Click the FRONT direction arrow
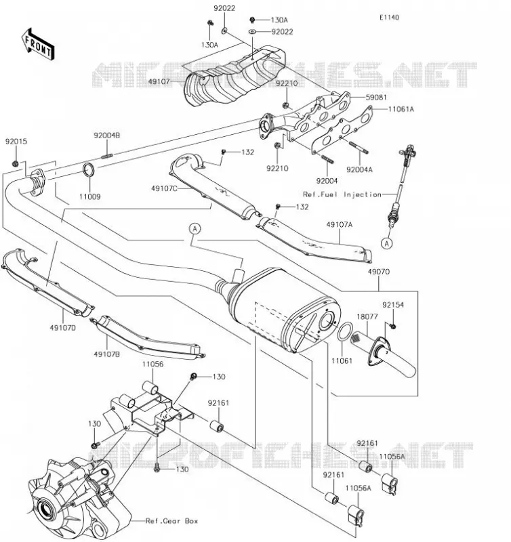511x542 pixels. (37, 45)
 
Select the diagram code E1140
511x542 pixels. (389, 18)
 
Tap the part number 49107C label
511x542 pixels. (164, 188)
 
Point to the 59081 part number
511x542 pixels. (376, 98)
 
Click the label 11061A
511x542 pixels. (401, 109)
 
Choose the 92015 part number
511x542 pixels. (16, 142)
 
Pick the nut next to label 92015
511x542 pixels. (15, 163)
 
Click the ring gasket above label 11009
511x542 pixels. (89, 170)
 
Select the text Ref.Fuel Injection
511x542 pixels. (342, 194)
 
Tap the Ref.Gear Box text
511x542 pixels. (172, 521)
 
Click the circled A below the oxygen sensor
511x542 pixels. (387, 243)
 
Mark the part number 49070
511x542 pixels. (379, 272)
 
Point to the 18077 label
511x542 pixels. (367, 316)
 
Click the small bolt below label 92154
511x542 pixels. (392, 326)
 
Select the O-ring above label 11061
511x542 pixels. (345, 331)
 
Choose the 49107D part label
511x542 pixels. (62, 328)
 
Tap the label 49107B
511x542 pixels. (107, 354)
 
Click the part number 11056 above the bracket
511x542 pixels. (152, 364)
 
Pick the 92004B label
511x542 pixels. (107, 135)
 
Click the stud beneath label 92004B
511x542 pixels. (108, 157)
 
